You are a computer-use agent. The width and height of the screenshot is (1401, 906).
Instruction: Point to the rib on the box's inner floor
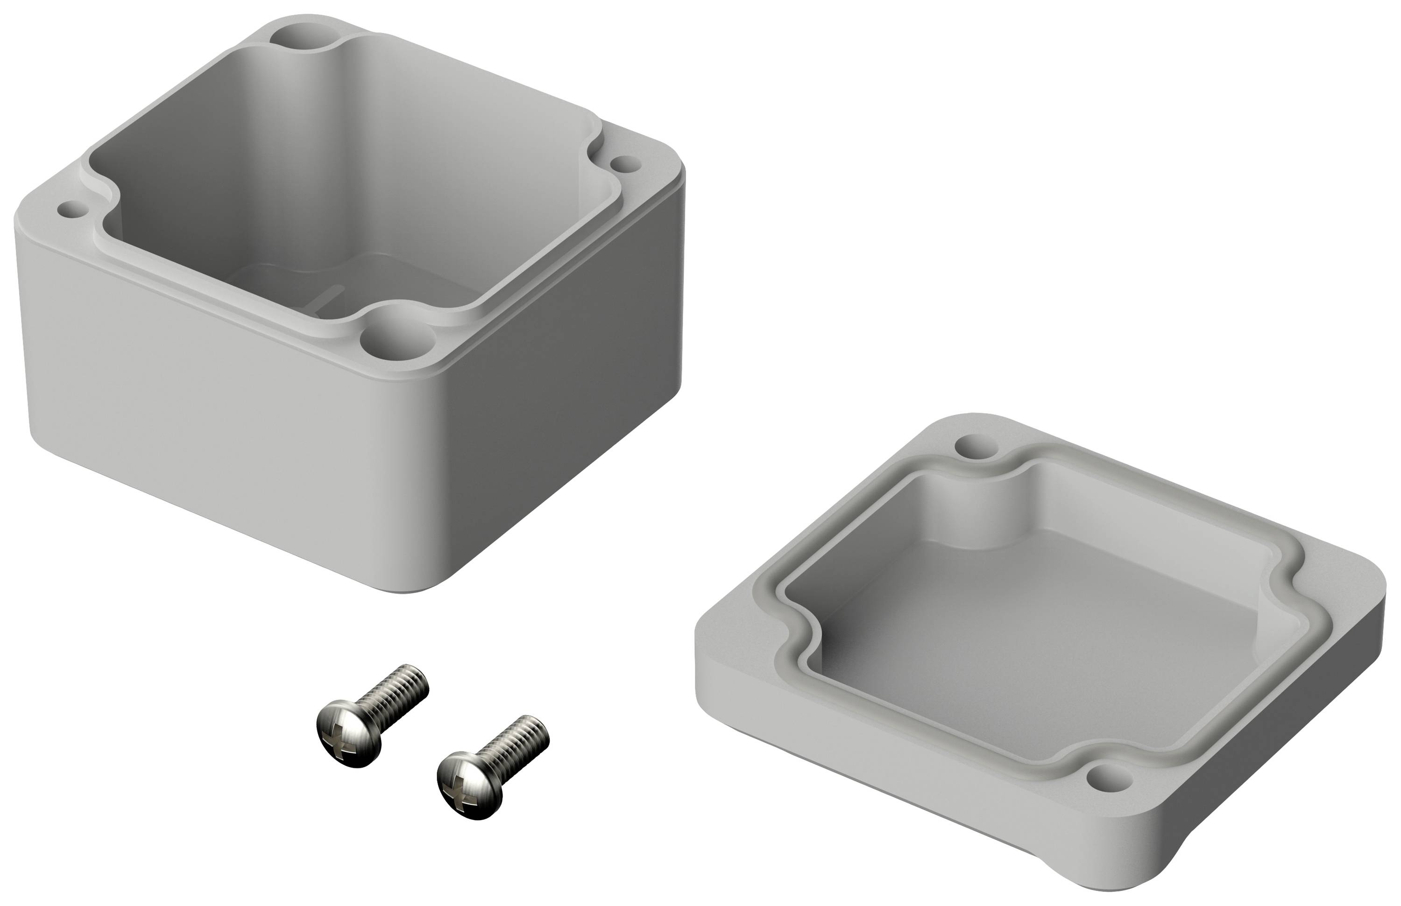coord(330,295)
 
